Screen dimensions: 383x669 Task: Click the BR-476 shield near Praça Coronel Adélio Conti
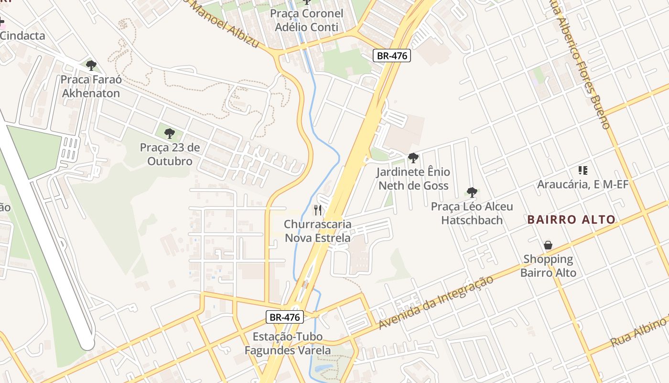(x=392, y=56)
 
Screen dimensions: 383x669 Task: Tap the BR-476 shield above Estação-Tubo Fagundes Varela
(x=284, y=317)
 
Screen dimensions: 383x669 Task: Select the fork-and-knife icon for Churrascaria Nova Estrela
(x=317, y=210)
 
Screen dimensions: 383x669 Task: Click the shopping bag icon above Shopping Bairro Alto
(x=548, y=246)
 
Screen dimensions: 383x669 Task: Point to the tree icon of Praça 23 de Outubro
(x=169, y=134)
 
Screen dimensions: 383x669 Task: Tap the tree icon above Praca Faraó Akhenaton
(x=91, y=66)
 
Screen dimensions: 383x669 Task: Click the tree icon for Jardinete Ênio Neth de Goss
(x=413, y=158)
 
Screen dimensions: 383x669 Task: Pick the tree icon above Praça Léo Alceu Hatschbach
(x=472, y=192)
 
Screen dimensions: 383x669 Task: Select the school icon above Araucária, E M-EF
(x=583, y=170)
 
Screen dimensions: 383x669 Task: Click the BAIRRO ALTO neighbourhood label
(x=572, y=220)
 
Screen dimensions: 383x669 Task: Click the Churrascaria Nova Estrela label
(x=317, y=231)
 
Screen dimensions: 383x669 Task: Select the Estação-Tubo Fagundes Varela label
(x=287, y=343)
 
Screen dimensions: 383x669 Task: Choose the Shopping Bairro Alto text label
(x=548, y=266)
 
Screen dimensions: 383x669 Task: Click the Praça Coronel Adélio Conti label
(x=306, y=20)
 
